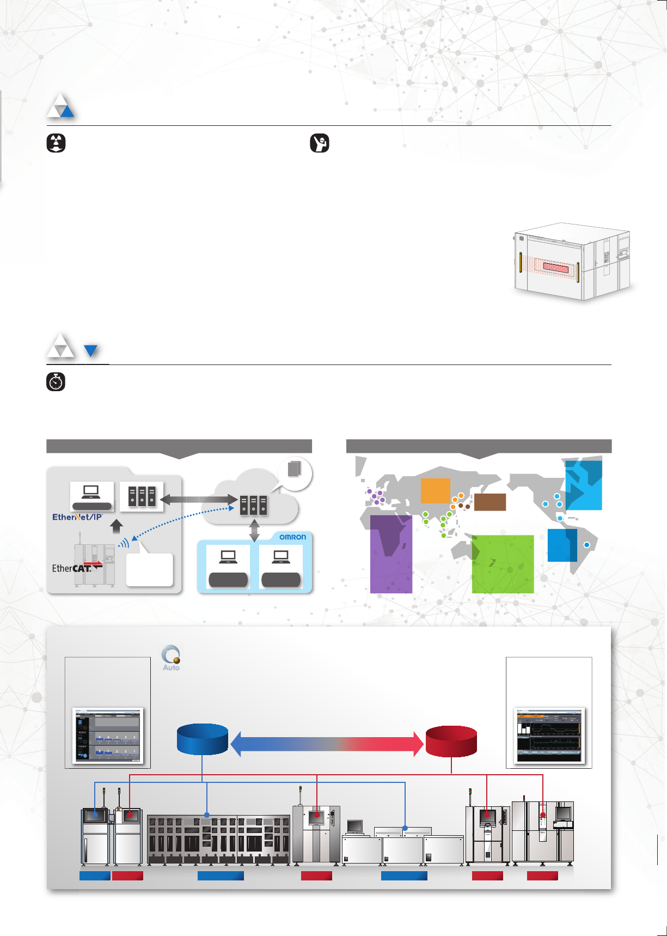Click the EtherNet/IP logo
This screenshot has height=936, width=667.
[77, 517]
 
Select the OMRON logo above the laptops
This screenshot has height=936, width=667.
[292, 537]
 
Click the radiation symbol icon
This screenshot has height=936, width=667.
[56, 143]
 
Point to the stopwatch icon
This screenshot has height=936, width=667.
[56, 382]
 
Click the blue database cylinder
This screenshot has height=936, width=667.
[203, 739]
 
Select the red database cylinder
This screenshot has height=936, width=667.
[451, 741]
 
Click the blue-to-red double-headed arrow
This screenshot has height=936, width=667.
[327, 743]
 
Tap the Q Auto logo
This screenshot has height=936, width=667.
[171, 658]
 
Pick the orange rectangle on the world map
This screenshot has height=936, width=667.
[436, 490]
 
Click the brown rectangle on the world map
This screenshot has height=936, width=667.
[490, 502]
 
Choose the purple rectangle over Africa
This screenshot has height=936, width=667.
[391, 554]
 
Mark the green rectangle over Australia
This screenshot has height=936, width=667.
[502, 564]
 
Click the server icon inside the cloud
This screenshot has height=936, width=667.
[254, 505]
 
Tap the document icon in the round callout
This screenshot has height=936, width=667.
[294, 469]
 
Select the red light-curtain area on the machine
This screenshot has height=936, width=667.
[555, 268]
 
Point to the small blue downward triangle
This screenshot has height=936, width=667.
[91, 350]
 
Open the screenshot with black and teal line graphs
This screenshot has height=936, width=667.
[549, 736]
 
